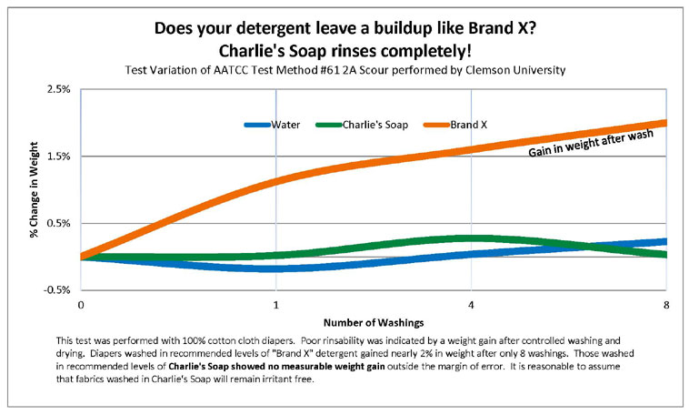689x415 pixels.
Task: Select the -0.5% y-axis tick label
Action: tap(56, 289)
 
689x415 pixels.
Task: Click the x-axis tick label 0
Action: tap(81, 304)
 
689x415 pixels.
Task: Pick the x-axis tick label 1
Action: tap(275, 304)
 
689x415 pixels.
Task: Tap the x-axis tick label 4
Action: tap(471, 304)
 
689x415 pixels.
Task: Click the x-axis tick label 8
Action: tap(666, 304)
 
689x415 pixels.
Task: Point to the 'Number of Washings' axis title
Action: tap(373, 322)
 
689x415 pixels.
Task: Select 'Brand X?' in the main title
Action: tap(498, 28)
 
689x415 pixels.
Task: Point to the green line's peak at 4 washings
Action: tap(471, 238)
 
